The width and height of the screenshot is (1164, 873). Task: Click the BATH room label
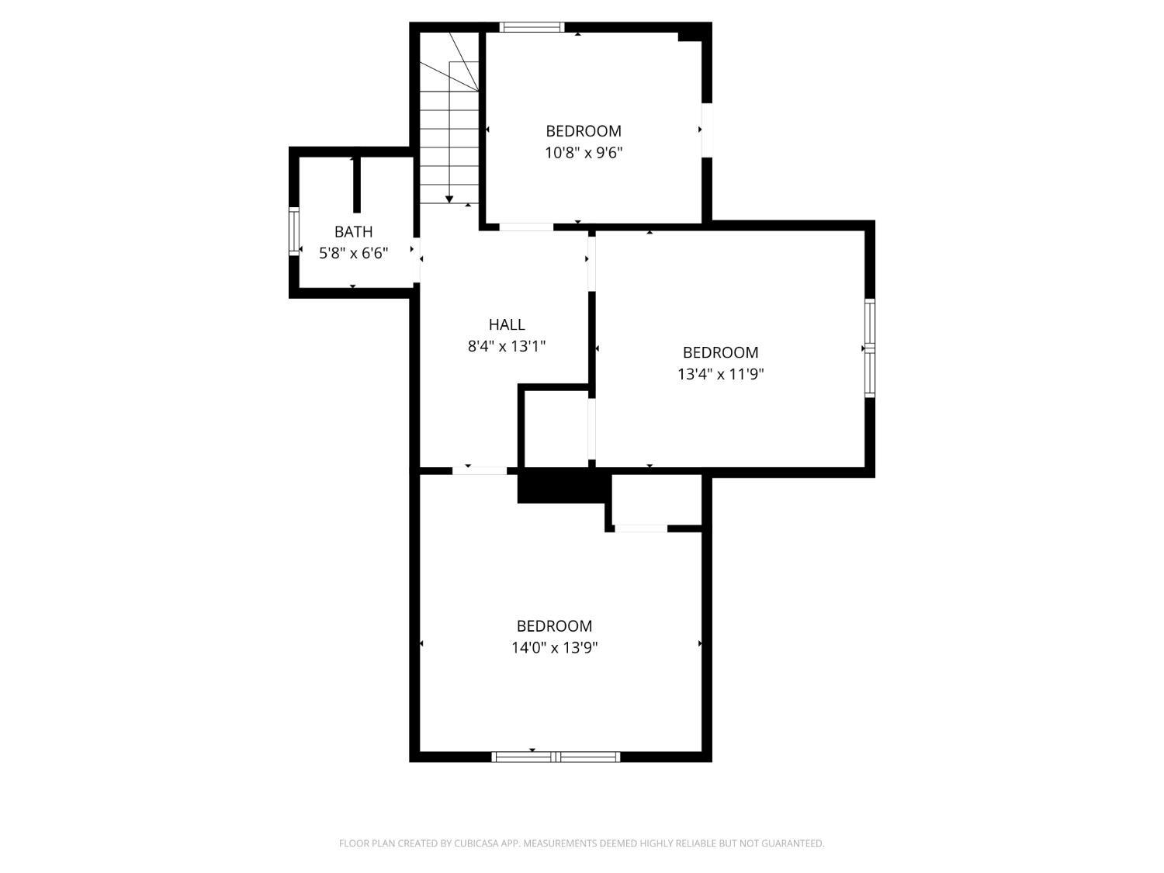click(353, 231)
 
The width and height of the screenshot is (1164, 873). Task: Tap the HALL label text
click(507, 324)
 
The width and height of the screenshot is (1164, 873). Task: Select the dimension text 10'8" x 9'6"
click(584, 153)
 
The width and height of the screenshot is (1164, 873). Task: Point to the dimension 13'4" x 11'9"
click(720, 374)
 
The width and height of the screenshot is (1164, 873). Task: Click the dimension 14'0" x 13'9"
click(554, 648)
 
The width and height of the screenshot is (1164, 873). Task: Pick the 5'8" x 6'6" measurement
click(353, 254)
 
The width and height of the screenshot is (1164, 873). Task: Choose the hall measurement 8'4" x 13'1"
click(507, 346)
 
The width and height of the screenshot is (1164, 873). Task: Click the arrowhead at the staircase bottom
click(449, 199)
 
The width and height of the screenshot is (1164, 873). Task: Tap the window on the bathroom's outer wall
click(294, 231)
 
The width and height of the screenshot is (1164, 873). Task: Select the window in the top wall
click(532, 27)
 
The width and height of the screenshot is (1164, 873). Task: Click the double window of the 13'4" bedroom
click(870, 348)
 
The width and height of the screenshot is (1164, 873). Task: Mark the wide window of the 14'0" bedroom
click(556, 757)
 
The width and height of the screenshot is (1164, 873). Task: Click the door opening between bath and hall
click(417, 260)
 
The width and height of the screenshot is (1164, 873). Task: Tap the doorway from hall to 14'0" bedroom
click(480, 471)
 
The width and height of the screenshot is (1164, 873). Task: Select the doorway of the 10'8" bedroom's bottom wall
click(526, 227)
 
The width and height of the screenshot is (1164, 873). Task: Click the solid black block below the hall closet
click(562, 487)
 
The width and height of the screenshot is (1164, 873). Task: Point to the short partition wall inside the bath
click(357, 185)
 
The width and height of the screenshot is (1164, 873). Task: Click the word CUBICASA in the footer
click(476, 843)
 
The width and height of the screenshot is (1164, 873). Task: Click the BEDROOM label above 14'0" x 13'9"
click(554, 626)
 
